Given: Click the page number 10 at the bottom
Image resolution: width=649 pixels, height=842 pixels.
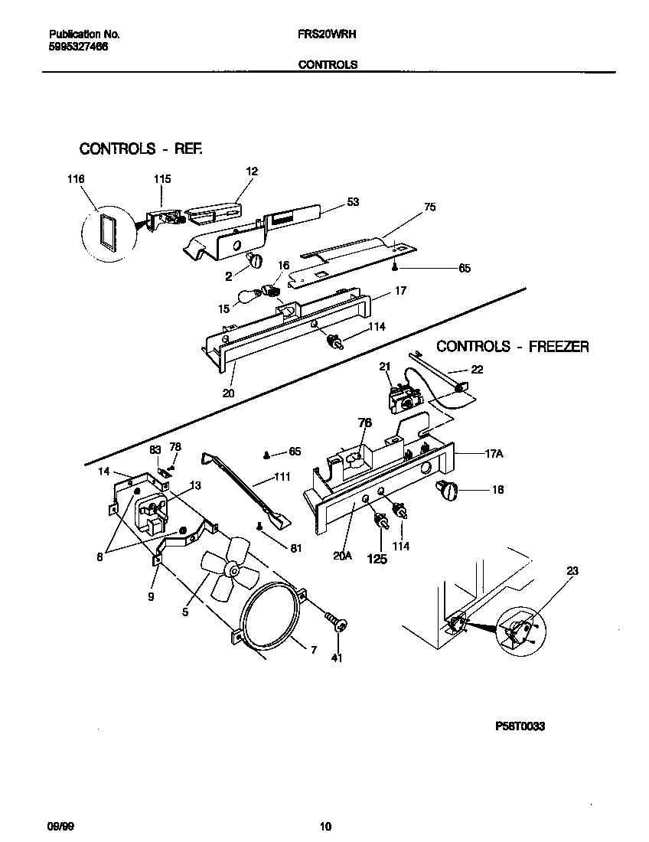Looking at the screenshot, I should (x=325, y=826).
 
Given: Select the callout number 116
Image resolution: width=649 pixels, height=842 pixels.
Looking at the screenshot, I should (x=75, y=178).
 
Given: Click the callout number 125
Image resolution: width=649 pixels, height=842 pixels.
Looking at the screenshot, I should (x=377, y=559).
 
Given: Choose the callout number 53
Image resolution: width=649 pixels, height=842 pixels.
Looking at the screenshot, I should (x=352, y=201).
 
